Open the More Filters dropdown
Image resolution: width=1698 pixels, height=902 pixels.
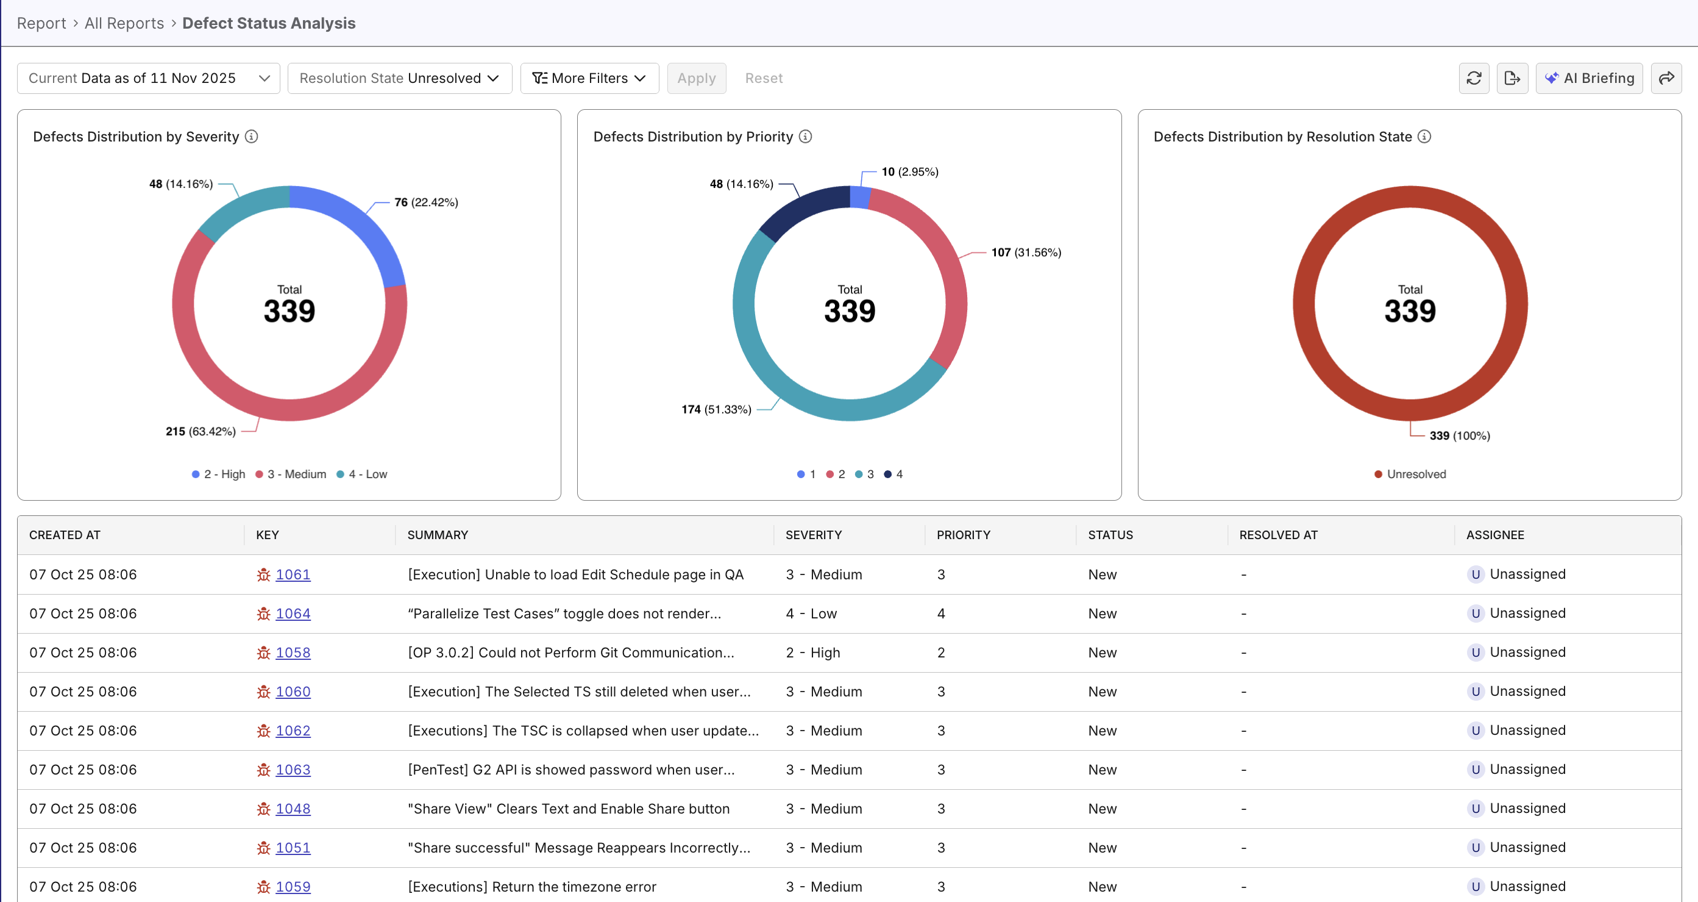pyautogui.click(x=589, y=79)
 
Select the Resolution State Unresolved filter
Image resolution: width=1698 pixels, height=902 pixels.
pyautogui.click(x=399, y=79)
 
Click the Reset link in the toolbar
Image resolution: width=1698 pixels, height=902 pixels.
pyautogui.click(x=763, y=79)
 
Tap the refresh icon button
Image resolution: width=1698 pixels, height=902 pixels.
pyautogui.click(x=1473, y=79)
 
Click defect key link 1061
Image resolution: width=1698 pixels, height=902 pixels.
pyautogui.click(x=293, y=574)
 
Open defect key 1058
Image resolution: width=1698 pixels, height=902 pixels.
pyautogui.click(x=293, y=652)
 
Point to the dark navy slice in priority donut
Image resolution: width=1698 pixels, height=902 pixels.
pyautogui.click(x=801, y=210)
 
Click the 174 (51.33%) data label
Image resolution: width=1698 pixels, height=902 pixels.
pyautogui.click(x=716, y=409)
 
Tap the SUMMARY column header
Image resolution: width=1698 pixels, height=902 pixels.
pyautogui.click(x=438, y=535)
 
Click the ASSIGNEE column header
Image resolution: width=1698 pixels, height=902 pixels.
pyautogui.click(x=1494, y=535)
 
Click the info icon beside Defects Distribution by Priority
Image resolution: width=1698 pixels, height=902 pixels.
pyautogui.click(x=805, y=137)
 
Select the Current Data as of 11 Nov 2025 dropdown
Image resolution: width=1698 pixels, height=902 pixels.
pyautogui.click(x=148, y=79)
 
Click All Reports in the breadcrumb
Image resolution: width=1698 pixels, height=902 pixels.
pyautogui.click(x=124, y=23)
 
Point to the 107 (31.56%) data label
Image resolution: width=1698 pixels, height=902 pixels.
pyautogui.click(x=1026, y=252)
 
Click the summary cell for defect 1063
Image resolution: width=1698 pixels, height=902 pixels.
pyautogui.click(x=571, y=770)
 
